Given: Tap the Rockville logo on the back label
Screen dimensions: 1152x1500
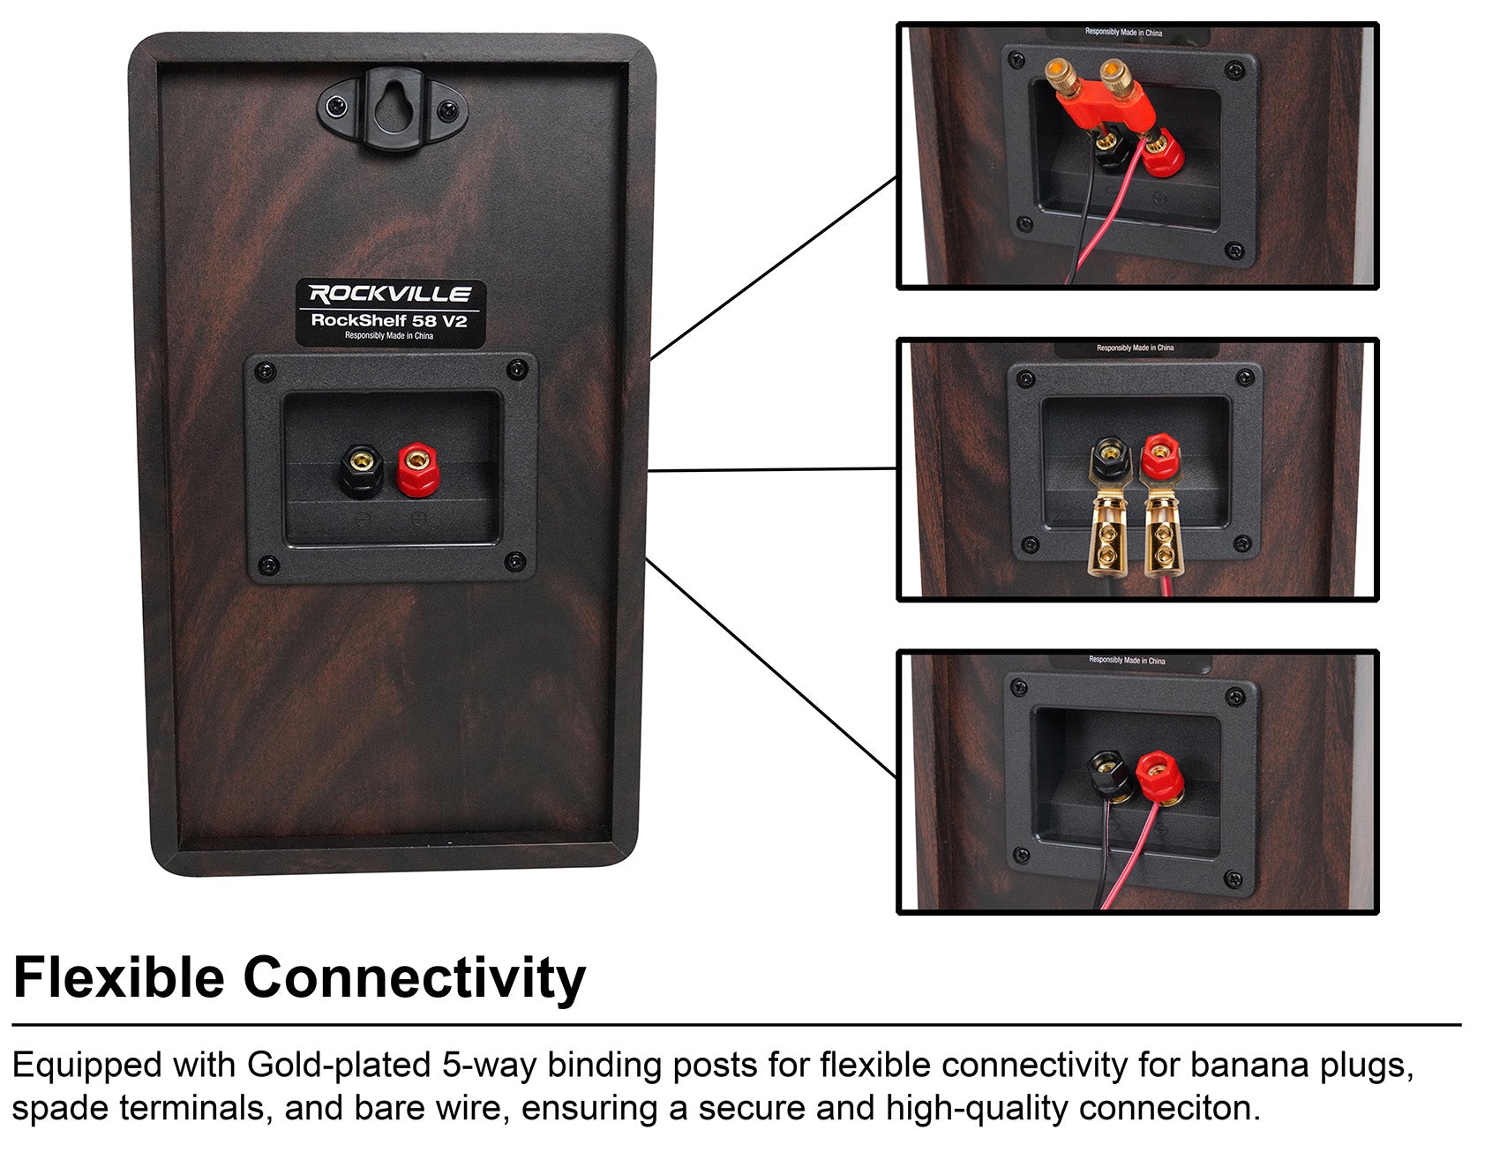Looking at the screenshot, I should [x=390, y=294].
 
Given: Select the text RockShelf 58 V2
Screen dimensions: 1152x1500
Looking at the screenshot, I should [x=389, y=320].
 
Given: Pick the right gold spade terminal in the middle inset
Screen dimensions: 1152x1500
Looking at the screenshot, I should [x=1162, y=538].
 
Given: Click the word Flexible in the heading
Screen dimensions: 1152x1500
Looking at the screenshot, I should [x=120, y=978].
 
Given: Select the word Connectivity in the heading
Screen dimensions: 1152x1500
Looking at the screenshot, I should [x=414, y=978].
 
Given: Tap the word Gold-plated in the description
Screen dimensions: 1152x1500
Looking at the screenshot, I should [x=339, y=1066].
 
